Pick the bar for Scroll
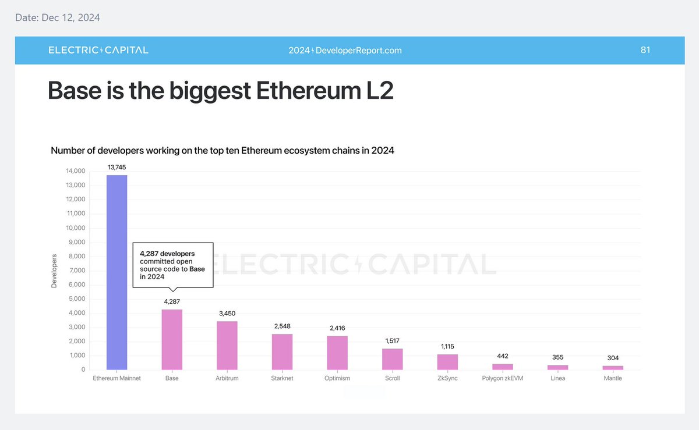pos(392,359)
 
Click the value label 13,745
pos(117,167)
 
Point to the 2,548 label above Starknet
pos(282,326)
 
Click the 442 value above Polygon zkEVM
pos(503,356)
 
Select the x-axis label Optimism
pos(337,378)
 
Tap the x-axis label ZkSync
pos(447,378)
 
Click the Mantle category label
pos(613,378)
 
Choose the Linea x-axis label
pos(557,378)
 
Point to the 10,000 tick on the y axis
pos(75,228)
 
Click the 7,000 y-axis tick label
pos(77,271)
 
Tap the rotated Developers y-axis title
pos(54,271)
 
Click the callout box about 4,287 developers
pos(173,265)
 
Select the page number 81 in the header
pos(645,50)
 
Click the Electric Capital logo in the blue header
pos(98,50)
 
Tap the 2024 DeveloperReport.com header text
pos(345,51)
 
